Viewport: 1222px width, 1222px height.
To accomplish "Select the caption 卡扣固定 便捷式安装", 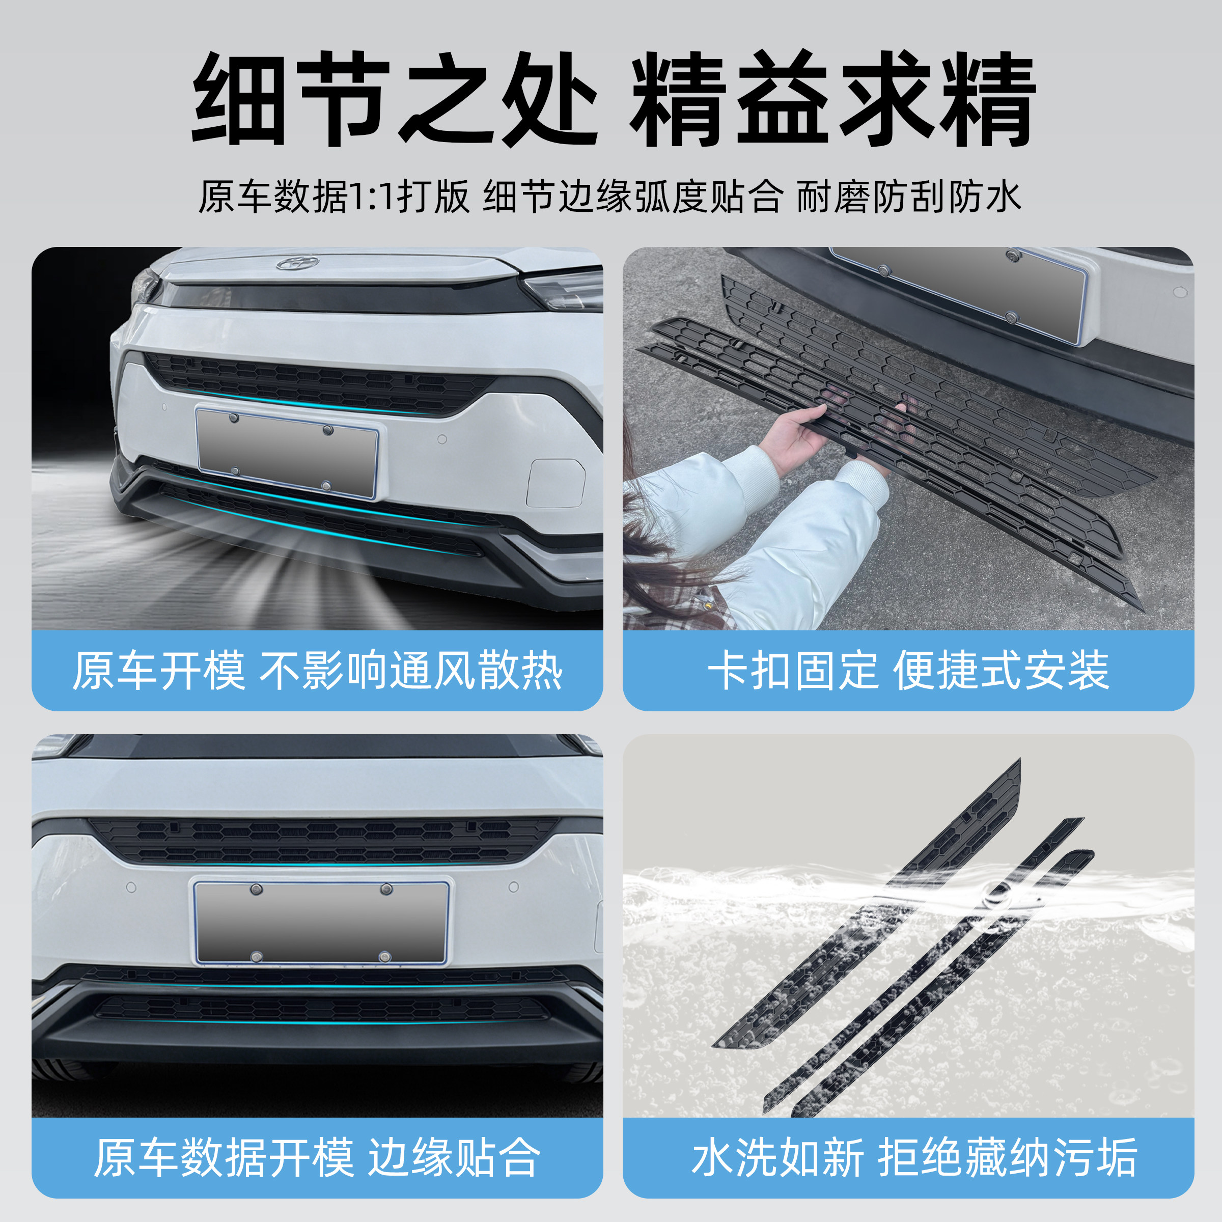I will (x=908, y=671).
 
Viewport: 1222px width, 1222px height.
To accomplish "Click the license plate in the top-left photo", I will (x=288, y=452).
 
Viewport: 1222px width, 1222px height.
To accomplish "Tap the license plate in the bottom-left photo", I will (x=321, y=923).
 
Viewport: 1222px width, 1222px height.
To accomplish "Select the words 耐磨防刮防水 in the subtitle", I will (x=908, y=197).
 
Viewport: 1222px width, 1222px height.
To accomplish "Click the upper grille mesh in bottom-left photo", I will (x=323, y=841).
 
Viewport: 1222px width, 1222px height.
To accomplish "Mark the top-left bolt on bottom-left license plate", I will (x=256, y=890).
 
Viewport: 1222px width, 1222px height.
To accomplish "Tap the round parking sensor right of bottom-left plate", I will (x=514, y=887).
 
